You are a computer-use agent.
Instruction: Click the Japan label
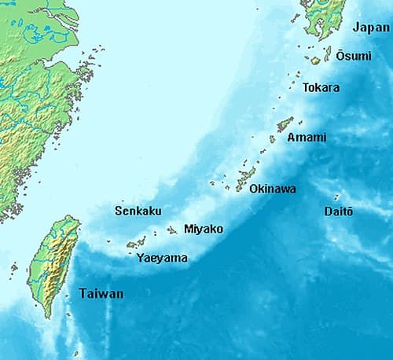pyautogui.click(x=371, y=28)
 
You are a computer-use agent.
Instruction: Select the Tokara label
pyautogui.click(x=321, y=87)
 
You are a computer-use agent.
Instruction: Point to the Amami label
pyautogui.click(x=307, y=137)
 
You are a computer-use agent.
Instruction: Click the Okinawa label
pyautogui.click(x=273, y=189)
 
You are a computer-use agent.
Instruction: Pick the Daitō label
pyautogui.click(x=339, y=211)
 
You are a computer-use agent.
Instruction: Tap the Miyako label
pyautogui.click(x=203, y=229)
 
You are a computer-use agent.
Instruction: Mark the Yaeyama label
pyautogui.click(x=162, y=257)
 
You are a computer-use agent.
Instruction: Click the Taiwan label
pyautogui.click(x=101, y=294)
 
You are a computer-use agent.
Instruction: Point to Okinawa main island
pyautogui.click(x=246, y=180)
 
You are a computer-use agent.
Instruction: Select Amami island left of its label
pyautogui.click(x=285, y=124)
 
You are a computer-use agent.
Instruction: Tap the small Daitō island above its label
pyautogui.click(x=336, y=197)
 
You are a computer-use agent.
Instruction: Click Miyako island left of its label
pyautogui.click(x=172, y=230)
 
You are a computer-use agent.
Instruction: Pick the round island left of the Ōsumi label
pyautogui.click(x=315, y=60)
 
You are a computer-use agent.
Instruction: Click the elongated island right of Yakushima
pyautogui.click(x=328, y=53)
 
